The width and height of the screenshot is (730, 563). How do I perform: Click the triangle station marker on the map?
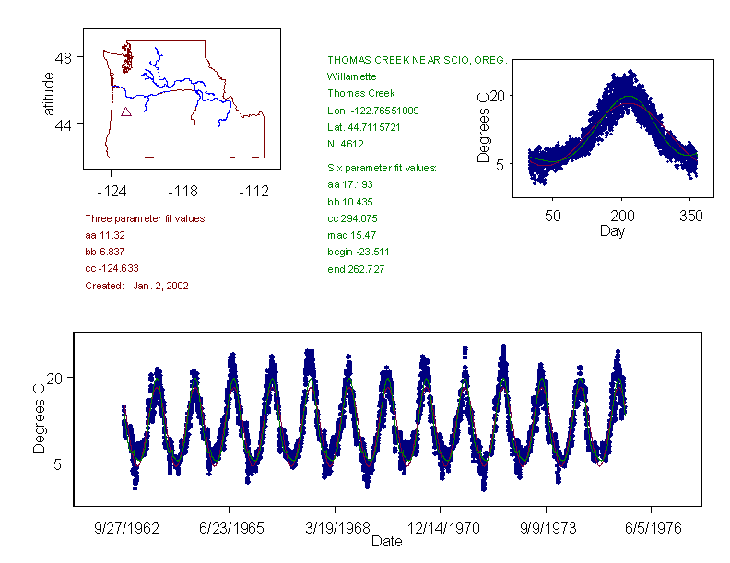(x=125, y=111)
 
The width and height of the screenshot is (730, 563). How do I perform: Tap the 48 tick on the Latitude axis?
(x=64, y=57)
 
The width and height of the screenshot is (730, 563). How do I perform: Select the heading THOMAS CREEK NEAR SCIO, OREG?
(x=417, y=60)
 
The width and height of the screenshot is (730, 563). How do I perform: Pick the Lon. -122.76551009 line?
(x=372, y=111)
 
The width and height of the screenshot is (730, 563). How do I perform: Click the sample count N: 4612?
(x=346, y=144)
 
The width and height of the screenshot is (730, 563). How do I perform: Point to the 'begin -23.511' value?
(x=358, y=252)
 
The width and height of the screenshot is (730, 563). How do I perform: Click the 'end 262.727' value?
(x=356, y=269)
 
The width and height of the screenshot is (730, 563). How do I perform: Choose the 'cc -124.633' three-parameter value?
(x=112, y=269)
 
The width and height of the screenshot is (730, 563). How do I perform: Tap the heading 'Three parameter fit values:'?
(x=146, y=219)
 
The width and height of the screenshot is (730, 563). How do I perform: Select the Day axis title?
(x=612, y=231)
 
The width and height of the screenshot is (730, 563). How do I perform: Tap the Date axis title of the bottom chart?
(x=387, y=542)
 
